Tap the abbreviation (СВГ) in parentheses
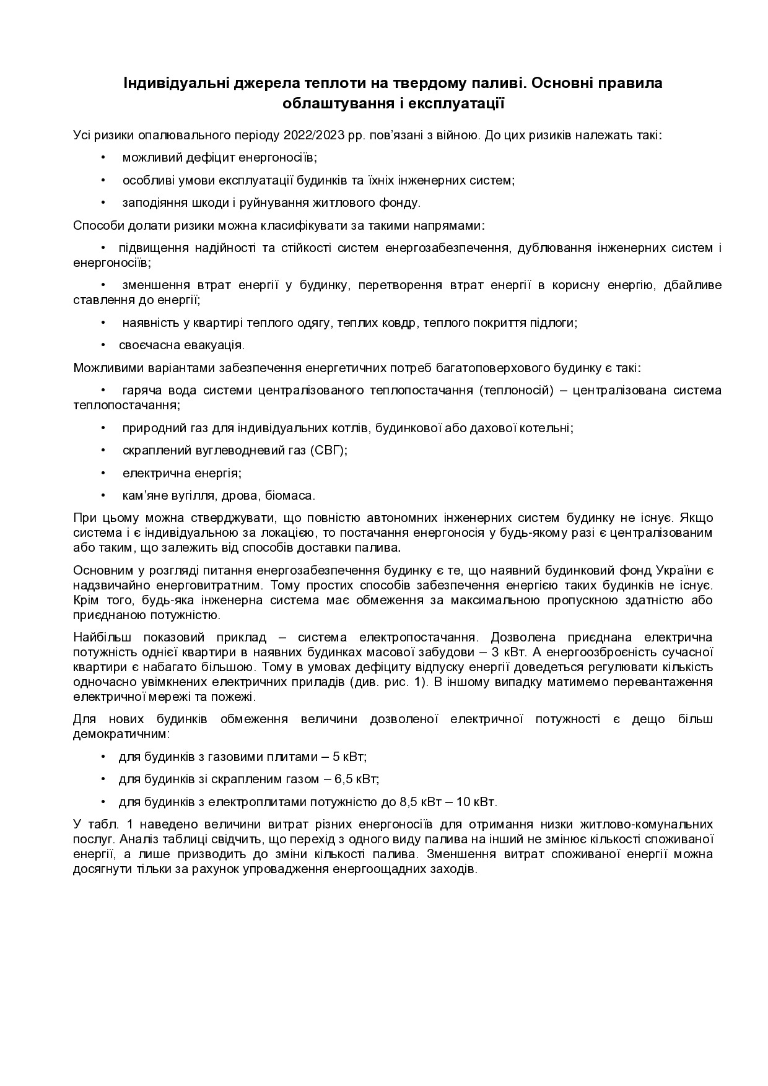tap(328, 450)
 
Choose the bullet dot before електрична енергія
tap(104, 473)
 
